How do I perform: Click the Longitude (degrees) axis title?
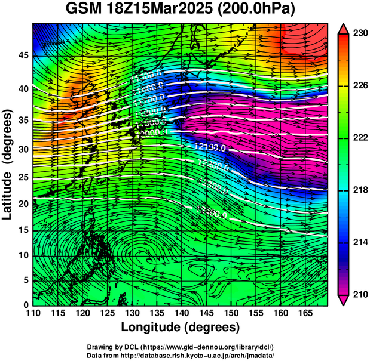coord(181,327)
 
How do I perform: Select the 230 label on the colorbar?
coord(359,34)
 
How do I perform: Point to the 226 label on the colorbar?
coord(359,86)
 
